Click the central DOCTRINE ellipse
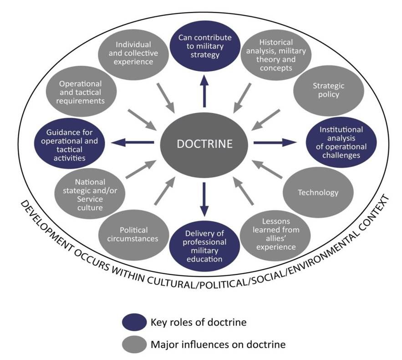coord(204,144)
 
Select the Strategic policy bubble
coord(328,90)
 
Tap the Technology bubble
coord(318,192)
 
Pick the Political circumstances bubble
coord(133,235)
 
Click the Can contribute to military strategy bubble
coord(205,46)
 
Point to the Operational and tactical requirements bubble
coord(81,92)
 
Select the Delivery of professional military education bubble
coord(204,246)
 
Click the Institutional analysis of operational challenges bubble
coord(341,143)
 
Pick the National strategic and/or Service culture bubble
coord(90,194)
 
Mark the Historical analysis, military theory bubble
coord(276,55)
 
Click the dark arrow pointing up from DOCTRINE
coord(204,91)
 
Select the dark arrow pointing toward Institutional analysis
coord(275,143)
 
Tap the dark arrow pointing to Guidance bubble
coord(132,143)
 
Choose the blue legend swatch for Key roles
coord(134,322)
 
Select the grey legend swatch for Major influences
coord(134,345)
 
